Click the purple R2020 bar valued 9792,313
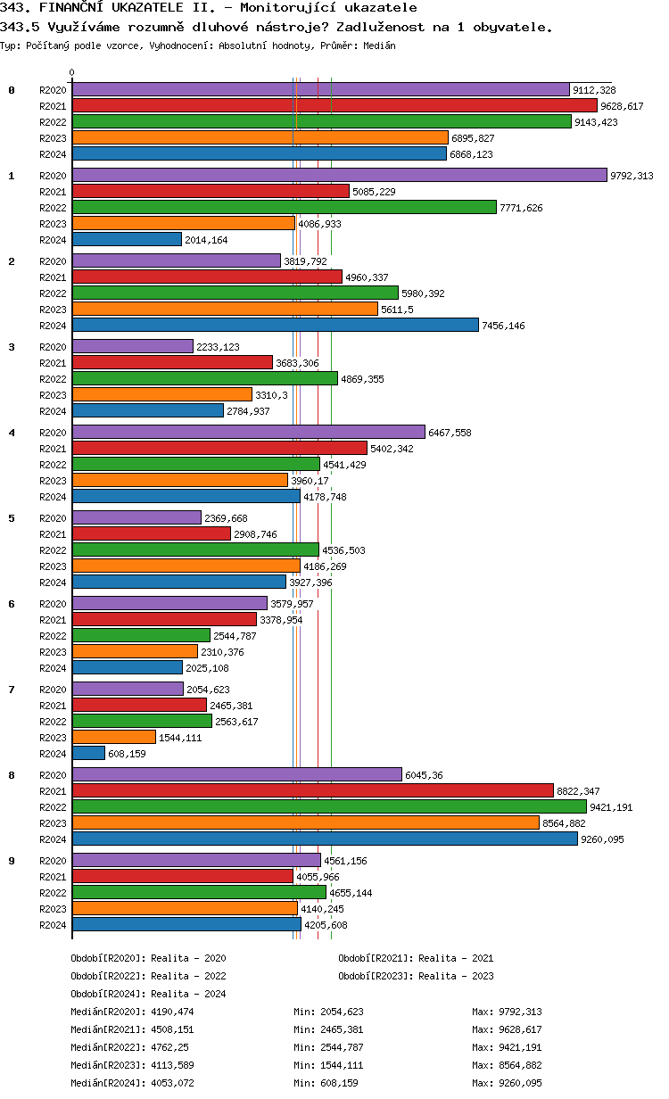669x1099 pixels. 339,176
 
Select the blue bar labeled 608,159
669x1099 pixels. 88,754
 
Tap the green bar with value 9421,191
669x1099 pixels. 329,807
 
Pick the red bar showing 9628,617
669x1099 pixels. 334,106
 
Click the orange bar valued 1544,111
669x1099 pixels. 114,738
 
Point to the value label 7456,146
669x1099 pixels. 503,326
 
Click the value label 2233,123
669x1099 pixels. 218,347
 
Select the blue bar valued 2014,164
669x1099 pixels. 127,240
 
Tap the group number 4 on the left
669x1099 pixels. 12,433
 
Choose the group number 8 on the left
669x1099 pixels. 12,775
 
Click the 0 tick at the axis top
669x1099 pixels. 72,73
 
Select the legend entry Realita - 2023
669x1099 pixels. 456,976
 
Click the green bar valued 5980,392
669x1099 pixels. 235,293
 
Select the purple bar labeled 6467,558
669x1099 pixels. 249,433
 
